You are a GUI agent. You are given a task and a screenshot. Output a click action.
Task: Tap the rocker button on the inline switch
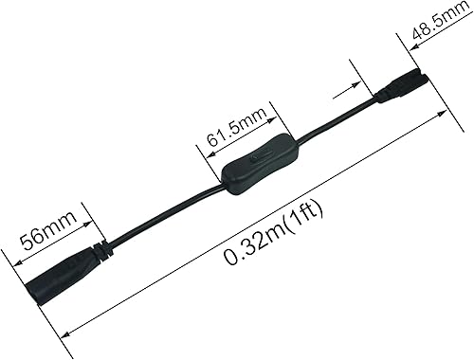253,164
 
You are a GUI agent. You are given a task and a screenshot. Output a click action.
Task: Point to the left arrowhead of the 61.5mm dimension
202,145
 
